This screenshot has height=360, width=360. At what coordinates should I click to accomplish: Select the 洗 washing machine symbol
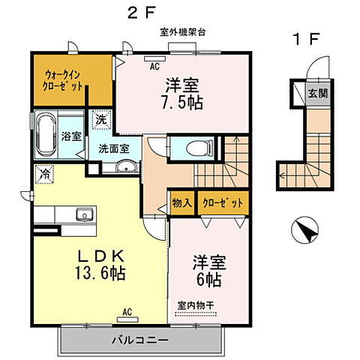100,119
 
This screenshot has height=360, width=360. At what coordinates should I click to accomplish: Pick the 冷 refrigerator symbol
45,174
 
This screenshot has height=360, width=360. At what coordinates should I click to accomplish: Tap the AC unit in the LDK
127,310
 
